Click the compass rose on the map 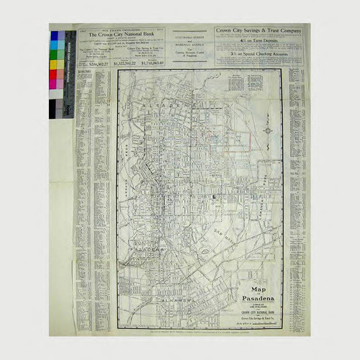coord(267,132)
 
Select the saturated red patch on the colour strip coord(54,73)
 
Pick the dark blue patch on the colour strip coord(54,35)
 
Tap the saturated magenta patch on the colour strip coord(54,83)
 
